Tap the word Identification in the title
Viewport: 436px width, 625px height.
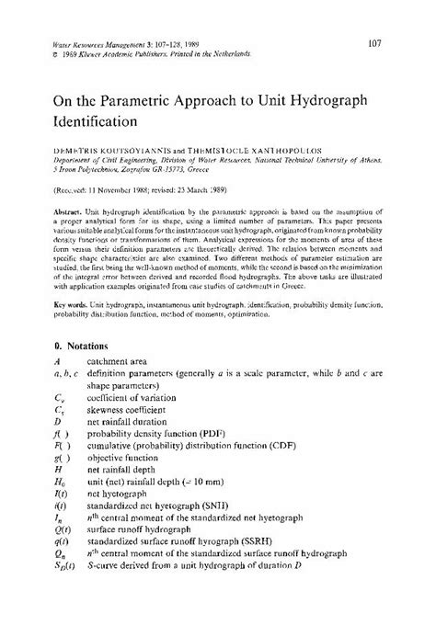tap(96, 120)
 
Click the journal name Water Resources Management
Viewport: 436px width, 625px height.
tap(98, 44)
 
